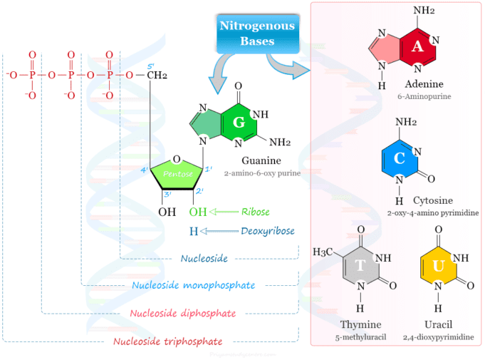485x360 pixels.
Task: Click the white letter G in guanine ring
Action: coord(239,123)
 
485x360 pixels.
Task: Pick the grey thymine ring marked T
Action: coord(360,266)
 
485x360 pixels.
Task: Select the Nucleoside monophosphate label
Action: coord(194,285)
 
